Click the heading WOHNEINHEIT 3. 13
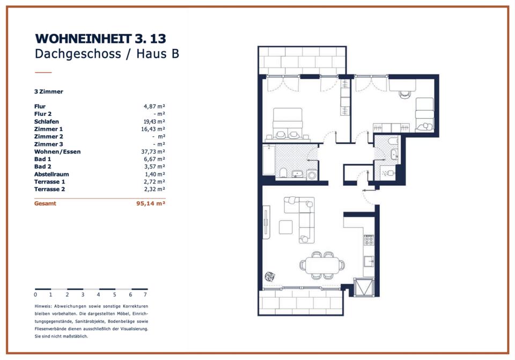point(100,39)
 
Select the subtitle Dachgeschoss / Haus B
point(107,54)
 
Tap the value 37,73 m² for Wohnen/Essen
point(153,152)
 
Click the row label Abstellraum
point(51,174)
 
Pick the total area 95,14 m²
point(151,203)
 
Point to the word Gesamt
point(45,203)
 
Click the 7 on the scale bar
point(145,295)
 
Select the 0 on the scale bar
point(35,295)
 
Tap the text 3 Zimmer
point(49,92)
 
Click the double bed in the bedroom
point(288,124)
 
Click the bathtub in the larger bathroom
point(269,160)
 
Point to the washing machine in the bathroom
point(312,175)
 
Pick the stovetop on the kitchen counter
point(369,240)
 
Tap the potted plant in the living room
point(270,276)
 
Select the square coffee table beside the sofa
point(286,227)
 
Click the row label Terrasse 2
point(49,189)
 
